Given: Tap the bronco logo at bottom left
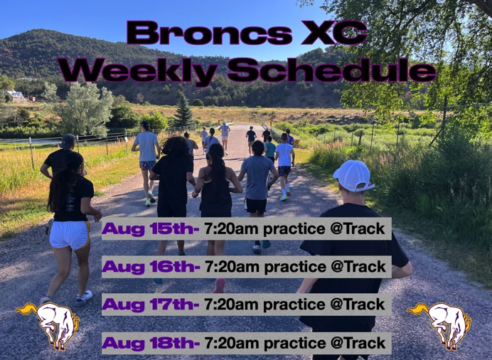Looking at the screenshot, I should tap(50, 324).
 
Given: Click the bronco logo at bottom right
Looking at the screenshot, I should tap(441, 324).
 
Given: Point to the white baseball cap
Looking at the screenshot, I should tap(353, 175).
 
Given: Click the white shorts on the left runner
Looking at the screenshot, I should tap(70, 234).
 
